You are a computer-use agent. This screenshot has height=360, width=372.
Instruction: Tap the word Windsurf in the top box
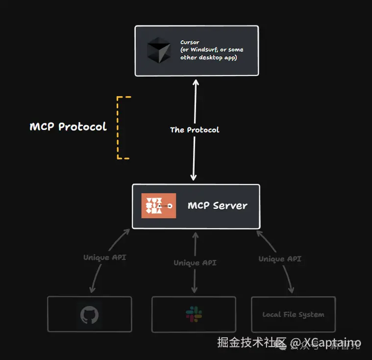pos(204,50)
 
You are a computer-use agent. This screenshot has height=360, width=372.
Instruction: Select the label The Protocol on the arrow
pos(195,130)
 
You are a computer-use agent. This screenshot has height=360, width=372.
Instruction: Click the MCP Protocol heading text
pos(68,127)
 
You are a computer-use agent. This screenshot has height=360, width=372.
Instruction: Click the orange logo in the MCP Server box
pos(158,206)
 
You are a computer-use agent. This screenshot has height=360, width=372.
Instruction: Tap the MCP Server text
pos(218,206)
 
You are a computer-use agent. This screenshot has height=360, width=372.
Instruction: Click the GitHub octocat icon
pos(90,314)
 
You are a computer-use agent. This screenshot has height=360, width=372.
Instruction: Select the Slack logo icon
pos(193,314)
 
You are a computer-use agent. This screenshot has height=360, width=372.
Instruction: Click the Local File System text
pos(293,314)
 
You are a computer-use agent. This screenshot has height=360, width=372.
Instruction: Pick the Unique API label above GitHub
pos(104,257)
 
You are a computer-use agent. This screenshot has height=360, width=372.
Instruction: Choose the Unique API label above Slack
pos(195,263)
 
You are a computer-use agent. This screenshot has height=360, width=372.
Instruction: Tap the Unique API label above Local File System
pos(280,259)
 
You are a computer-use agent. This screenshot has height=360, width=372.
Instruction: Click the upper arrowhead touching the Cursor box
pos(195,80)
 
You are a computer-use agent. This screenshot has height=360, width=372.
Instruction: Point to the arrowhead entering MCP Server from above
pos(194,179)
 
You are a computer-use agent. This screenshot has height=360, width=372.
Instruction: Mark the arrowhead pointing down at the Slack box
pos(195,292)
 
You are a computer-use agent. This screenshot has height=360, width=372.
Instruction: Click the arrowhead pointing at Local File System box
pos(292,291)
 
